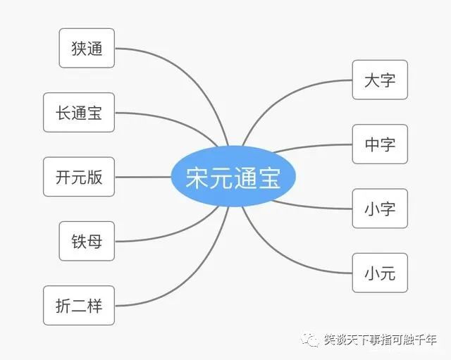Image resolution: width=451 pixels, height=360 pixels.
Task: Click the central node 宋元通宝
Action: pos(233,177)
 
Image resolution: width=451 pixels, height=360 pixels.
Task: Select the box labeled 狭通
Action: pos(87,48)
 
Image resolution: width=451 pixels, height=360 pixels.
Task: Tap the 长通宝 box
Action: pos(79,113)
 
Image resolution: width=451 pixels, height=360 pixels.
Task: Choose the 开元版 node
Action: pos(79,177)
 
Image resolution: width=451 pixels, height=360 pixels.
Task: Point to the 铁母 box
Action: pos(87,241)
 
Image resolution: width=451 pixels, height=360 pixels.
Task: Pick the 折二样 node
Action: pos(79,306)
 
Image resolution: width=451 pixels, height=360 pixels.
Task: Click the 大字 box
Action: pos(380,80)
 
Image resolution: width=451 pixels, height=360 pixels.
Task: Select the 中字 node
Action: pos(380,144)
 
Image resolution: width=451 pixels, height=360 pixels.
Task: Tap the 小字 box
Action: pos(380,209)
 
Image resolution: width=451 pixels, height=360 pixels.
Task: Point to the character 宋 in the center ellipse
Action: pos(197,178)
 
